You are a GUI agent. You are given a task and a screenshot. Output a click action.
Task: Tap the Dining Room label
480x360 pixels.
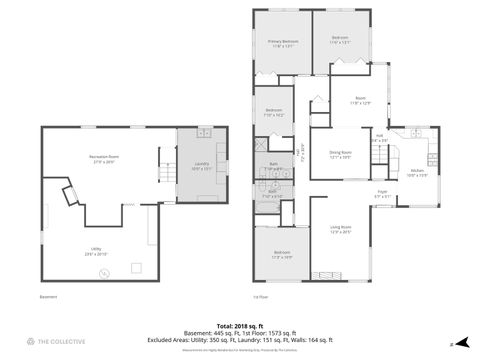coord(340,156)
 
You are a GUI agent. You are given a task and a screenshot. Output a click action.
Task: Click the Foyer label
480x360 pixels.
coord(382,195)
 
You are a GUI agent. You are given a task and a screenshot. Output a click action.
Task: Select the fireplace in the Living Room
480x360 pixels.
coord(326,275)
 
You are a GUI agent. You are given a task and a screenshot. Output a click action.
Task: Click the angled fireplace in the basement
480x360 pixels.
coord(70,194)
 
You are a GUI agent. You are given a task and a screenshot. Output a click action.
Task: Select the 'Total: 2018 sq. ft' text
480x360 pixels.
coord(239,325)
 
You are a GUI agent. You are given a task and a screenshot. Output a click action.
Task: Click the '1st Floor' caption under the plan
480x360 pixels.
coord(263,296)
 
